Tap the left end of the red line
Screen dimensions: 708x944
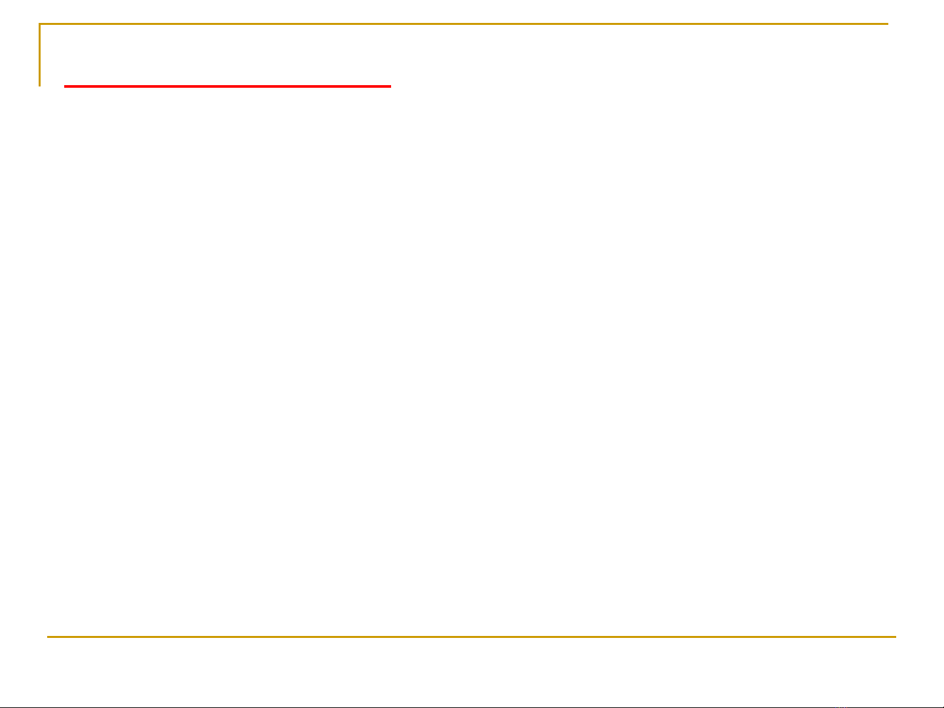(65, 86)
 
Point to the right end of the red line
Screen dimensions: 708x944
(390, 86)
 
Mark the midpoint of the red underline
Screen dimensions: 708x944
(227, 86)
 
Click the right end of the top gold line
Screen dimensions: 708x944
(887, 24)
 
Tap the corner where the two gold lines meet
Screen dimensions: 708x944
(40, 24)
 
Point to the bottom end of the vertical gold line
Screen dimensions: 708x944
(40, 85)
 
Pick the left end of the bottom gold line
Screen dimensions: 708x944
(48, 637)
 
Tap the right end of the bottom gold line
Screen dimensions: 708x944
(894, 637)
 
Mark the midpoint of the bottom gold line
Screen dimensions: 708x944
(471, 637)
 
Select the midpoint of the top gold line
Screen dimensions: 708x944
(464, 24)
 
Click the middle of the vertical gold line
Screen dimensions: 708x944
(40, 55)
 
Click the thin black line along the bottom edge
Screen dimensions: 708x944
(472, 707)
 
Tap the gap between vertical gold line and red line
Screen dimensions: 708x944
(52, 85)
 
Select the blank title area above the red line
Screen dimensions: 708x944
(227, 56)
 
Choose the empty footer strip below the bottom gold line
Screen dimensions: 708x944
(472, 671)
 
